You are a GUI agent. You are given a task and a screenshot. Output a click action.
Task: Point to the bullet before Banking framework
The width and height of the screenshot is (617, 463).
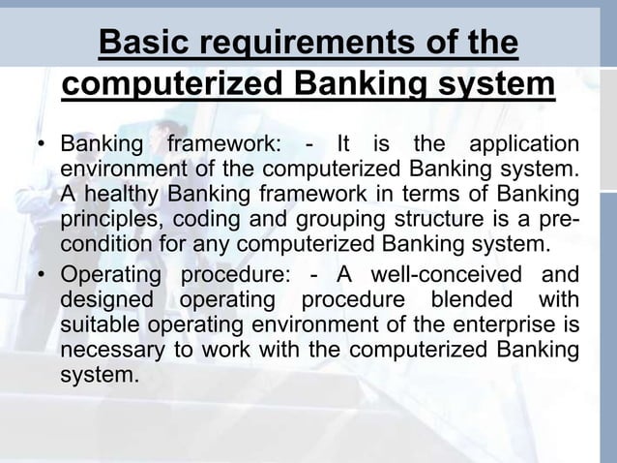point(42,147)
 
